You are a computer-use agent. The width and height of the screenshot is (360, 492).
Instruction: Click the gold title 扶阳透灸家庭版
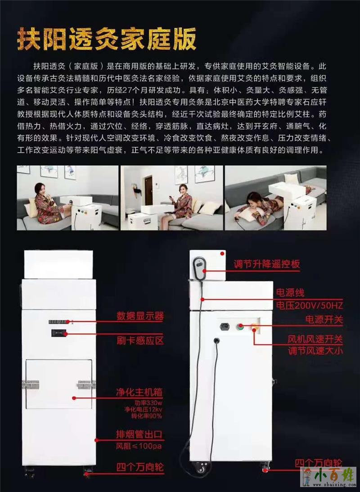point(107,39)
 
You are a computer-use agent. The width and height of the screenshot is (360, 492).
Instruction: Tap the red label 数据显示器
point(140,316)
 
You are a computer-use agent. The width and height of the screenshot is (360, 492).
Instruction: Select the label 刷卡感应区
point(140,340)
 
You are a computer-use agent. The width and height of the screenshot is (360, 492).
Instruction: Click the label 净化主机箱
point(139,393)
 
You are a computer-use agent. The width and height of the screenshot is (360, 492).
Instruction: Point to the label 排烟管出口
point(139,434)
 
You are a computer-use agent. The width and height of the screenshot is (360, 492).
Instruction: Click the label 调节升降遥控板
point(267,264)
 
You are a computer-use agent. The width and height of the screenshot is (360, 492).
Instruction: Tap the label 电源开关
point(324,320)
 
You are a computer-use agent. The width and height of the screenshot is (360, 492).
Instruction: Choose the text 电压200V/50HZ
point(309,305)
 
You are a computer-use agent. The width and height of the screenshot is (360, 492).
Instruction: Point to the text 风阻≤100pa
point(139,446)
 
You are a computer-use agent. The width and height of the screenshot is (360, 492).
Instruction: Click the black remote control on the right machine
point(199,269)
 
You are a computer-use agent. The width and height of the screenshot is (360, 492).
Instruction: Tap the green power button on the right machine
point(240,327)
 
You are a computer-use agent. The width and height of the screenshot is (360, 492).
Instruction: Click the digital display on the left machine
point(58,321)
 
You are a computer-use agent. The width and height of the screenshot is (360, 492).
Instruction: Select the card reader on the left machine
point(58,333)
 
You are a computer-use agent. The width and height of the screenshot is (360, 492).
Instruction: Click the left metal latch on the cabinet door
point(31,385)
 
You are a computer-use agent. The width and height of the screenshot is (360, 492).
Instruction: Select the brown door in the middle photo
point(148,190)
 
